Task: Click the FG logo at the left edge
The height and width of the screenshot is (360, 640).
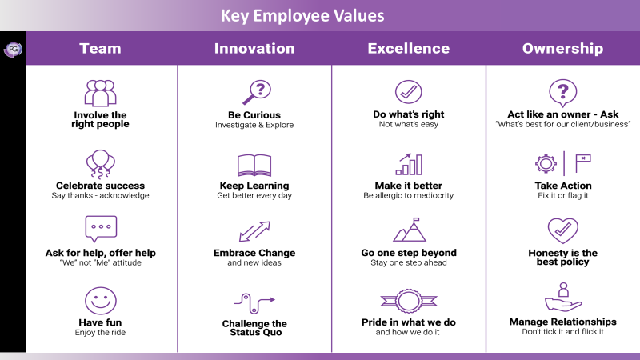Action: click(x=13, y=50)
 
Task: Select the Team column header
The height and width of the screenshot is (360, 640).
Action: click(x=100, y=49)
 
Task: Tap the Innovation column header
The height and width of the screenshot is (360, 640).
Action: click(x=254, y=49)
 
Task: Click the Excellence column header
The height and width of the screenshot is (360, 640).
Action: click(x=409, y=49)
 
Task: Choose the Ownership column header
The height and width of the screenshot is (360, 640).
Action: click(x=563, y=49)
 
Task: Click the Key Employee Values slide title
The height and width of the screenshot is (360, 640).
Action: click(x=302, y=16)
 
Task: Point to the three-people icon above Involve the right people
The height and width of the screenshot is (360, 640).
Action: click(x=101, y=93)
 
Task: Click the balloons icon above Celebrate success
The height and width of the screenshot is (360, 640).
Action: click(x=101, y=164)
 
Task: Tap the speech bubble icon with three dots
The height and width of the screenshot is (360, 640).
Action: click(x=101, y=229)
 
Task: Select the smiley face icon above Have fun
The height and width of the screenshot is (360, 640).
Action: click(x=101, y=301)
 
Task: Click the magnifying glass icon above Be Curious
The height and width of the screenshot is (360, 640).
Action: click(x=257, y=92)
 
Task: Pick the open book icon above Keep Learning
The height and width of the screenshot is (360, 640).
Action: click(x=254, y=166)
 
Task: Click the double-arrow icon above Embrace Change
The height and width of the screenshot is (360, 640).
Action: click(x=254, y=231)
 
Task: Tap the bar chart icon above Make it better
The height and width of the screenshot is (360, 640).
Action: click(x=409, y=164)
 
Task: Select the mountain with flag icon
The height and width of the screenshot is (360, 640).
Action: click(x=410, y=230)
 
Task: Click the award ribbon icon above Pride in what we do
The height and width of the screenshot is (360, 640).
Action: click(x=409, y=302)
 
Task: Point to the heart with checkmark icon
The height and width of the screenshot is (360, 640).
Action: click(x=563, y=230)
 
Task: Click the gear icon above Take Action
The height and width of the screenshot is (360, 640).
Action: click(x=546, y=164)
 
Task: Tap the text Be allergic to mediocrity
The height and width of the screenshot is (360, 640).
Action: click(x=409, y=195)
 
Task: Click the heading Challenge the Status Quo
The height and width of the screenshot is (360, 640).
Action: click(x=254, y=328)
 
